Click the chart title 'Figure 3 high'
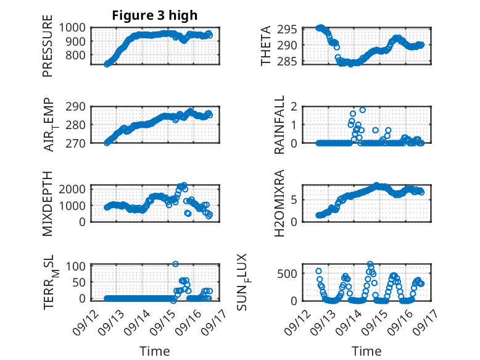pos(155,15)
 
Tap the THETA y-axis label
pos(266,46)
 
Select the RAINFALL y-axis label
pos(279,125)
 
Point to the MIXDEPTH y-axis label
pos(48,203)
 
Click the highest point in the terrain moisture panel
pos(175,264)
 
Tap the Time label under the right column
pos(366,351)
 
